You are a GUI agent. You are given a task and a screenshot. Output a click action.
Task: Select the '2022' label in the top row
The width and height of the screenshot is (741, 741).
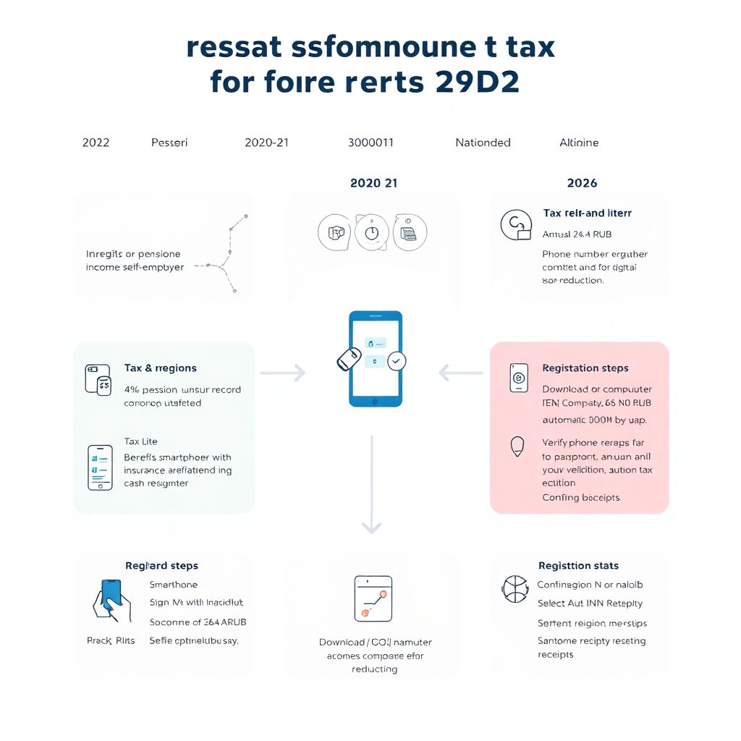(96, 143)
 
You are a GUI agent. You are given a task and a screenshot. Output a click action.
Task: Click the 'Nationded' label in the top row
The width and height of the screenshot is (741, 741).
(483, 143)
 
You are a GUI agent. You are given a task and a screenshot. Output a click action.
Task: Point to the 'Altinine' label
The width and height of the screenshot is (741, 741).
(579, 143)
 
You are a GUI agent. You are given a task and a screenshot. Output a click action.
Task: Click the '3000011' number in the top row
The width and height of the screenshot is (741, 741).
(370, 143)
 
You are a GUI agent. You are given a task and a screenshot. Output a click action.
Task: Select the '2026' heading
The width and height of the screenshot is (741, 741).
(582, 183)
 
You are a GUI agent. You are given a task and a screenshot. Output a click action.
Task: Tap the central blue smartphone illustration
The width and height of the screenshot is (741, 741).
(375, 358)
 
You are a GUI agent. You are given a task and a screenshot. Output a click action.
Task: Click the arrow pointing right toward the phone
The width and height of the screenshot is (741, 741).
(283, 373)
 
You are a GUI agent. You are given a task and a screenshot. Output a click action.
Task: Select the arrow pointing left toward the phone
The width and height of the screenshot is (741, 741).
(460, 373)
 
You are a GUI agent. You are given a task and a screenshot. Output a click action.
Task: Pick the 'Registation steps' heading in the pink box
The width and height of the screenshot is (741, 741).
(585, 368)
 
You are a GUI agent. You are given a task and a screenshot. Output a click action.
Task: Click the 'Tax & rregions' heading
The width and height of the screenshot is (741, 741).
(160, 368)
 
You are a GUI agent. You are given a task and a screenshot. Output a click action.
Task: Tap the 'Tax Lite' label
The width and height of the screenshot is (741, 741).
(140, 441)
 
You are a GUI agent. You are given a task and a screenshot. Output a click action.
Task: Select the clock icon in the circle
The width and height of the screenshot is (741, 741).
(372, 232)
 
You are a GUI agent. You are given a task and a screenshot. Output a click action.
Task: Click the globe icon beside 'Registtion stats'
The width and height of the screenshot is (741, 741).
(515, 589)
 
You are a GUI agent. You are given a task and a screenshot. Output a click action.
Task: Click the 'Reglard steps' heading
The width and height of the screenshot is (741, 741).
(161, 566)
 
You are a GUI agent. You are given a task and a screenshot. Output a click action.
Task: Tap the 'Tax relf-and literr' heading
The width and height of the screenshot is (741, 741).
(587, 213)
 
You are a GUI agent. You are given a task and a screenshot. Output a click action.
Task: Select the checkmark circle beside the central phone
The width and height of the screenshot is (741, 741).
(397, 361)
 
